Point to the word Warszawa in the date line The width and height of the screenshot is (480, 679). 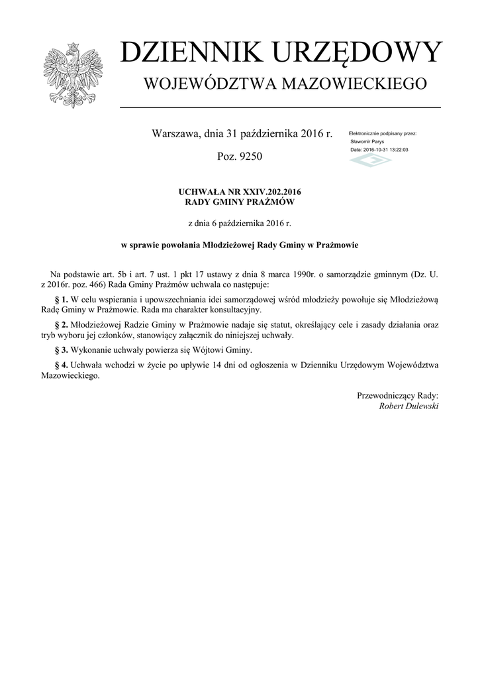pos(175,135)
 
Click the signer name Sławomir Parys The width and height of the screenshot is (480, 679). pos(367,142)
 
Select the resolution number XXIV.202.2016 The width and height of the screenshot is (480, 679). pos(264,192)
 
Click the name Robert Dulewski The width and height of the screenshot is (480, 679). pos(408,406)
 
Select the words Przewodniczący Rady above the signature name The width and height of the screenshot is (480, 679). pos(397,396)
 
